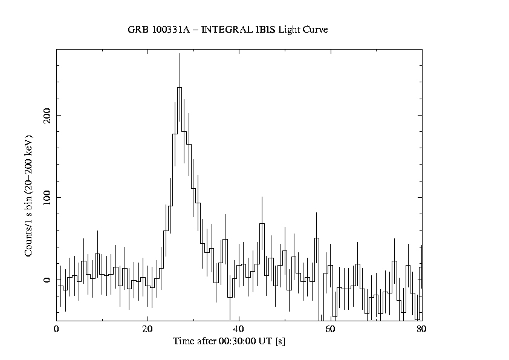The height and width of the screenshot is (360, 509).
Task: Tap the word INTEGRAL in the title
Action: tap(224, 30)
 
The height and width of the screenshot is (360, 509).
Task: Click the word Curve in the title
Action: tap(314, 30)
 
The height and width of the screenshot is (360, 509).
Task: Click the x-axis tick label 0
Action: tap(56, 330)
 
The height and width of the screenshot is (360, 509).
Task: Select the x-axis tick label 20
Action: tap(148, 330)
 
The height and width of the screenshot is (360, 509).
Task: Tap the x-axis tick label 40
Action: tap(239, 330)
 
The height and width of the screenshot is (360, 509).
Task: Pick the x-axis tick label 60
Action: tap(330, 330)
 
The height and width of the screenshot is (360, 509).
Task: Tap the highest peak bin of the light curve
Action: tap(180, 88)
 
